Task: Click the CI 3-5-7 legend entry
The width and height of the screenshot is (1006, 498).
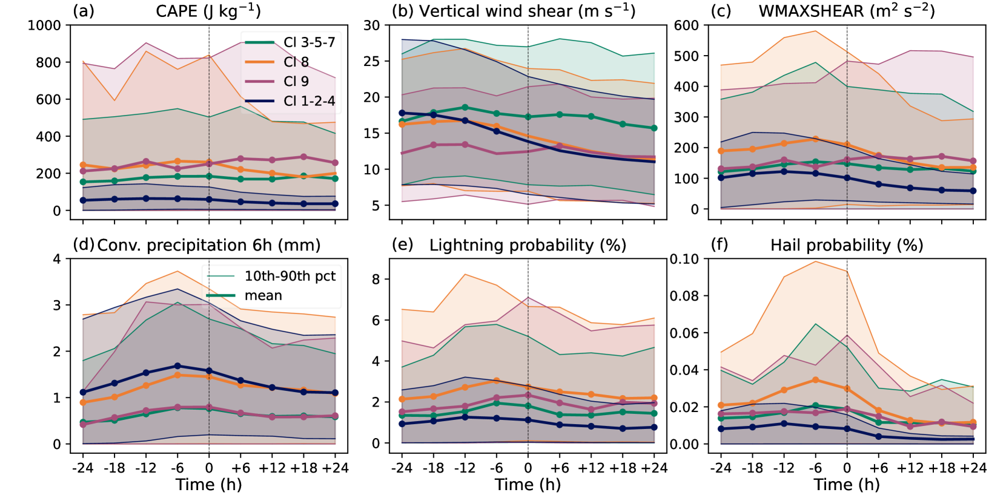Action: (x=309, y=42)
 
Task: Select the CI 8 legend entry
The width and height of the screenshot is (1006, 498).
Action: (x=296, y=62)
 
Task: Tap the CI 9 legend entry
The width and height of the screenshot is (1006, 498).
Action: (x=296, y=81)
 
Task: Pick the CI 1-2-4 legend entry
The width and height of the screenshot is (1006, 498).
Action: (x=309, y=101)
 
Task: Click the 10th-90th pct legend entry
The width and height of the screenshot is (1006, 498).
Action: (x=290, y=276)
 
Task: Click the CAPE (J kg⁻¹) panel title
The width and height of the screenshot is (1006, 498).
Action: (x=208, y=11)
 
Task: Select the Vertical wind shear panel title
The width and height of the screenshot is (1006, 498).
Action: (x=527, y=11)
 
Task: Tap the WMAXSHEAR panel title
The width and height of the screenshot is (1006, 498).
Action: (x=847, y=11)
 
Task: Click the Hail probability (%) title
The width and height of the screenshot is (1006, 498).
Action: (x=847, y=245)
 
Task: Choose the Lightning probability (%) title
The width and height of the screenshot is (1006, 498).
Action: (x=528, y=245)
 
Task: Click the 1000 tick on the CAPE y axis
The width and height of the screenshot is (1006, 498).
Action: (x=44, y=25)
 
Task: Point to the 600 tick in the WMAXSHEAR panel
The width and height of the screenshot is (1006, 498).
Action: (x=686, y=25)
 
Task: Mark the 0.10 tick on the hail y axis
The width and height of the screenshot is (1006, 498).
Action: (x=684, y=259)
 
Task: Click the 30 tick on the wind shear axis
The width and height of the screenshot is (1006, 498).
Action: (x=371, y=25)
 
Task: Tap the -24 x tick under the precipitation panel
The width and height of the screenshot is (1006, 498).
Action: (x=82, y=468)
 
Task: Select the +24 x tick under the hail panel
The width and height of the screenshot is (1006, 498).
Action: (x=973, y=468)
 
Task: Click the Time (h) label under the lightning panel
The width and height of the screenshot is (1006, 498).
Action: (x=528, y=485)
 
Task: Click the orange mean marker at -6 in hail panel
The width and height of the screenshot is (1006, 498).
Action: (x=815, y=380)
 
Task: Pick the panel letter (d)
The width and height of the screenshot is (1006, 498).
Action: (x=84, y=245)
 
